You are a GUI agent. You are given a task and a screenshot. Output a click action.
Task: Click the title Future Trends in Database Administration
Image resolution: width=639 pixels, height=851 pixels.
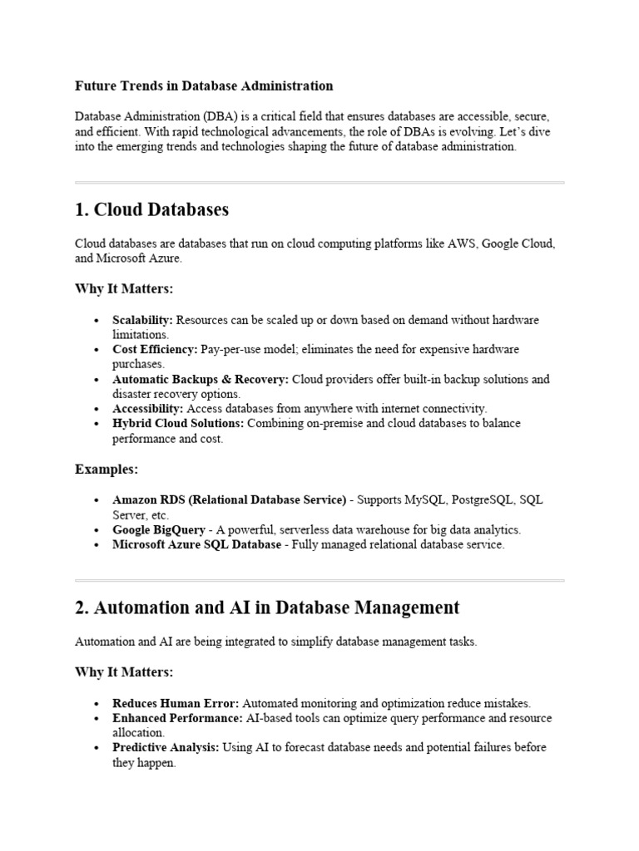tap(204, 86)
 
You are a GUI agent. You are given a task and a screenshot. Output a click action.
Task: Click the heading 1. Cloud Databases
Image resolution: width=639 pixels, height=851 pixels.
tap(151, 209)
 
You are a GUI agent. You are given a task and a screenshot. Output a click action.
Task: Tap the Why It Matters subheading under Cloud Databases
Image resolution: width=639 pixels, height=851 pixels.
tap(124, 288)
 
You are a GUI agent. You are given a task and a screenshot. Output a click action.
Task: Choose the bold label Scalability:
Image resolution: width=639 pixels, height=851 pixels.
tap(143, 320)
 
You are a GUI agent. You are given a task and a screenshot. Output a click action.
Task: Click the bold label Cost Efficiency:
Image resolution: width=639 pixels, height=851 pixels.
tap(155, 350)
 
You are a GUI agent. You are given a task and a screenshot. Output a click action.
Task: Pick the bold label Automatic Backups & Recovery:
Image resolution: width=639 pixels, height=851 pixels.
tap(201, 380)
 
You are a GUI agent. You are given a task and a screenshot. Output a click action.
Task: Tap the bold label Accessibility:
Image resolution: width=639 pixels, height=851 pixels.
tap(148, 409)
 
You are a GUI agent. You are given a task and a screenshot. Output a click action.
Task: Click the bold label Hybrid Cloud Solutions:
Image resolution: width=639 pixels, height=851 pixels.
tap(177, 424)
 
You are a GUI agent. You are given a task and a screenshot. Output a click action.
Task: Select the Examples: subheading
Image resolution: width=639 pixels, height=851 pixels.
tap(106, 470)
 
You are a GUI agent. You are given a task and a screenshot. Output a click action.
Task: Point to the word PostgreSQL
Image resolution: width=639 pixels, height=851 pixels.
tap(482, 500)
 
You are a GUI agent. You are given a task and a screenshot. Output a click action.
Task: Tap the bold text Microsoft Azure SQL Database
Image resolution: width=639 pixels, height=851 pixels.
tap(196, 545)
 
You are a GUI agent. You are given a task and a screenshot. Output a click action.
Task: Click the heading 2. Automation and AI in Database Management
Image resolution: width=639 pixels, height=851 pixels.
tap(267, 608)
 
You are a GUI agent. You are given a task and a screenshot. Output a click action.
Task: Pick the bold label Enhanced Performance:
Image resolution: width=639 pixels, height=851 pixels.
tap(177, 718)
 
